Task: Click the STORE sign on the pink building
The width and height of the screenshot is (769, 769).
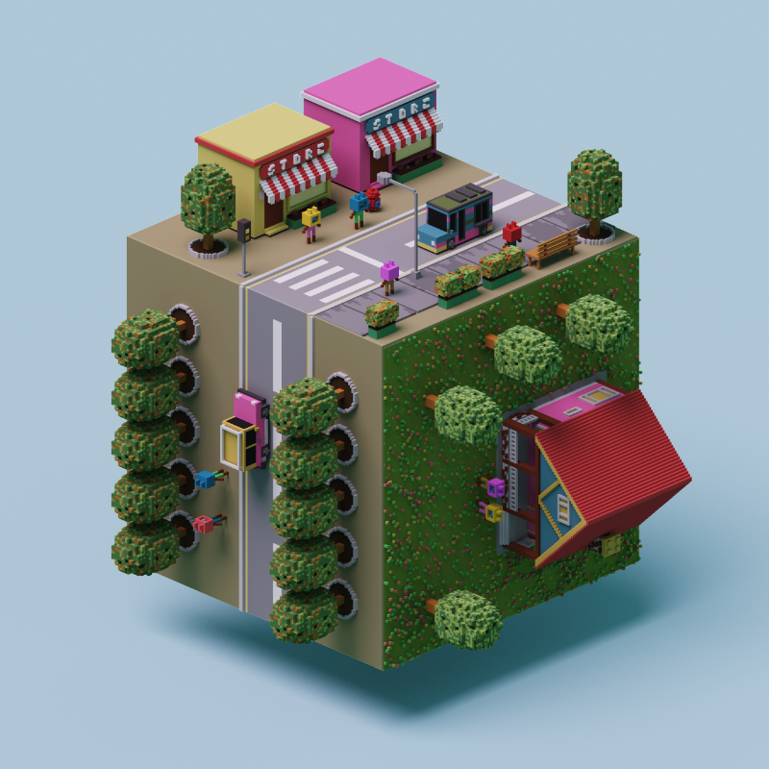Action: pyautogui.click(x=401, y=112)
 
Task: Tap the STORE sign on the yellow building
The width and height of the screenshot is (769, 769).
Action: pyautogui.click(x=295, y=159)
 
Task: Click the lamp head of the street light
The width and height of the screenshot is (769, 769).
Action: pyautogui.click(x=384, y=178)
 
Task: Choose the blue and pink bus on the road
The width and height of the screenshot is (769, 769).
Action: pyautogui.click(x=456, y=218)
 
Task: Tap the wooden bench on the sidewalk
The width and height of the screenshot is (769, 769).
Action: pyautogui.click(x=552, y=248)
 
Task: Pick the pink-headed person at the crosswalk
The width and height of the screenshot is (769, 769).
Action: pyautogui.click(x=389, y=277)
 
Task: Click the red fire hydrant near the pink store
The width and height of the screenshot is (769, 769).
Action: pyautogui.click(x=374, y=199)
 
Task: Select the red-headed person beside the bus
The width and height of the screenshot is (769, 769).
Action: pyautogui.click(x=511, y=235)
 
